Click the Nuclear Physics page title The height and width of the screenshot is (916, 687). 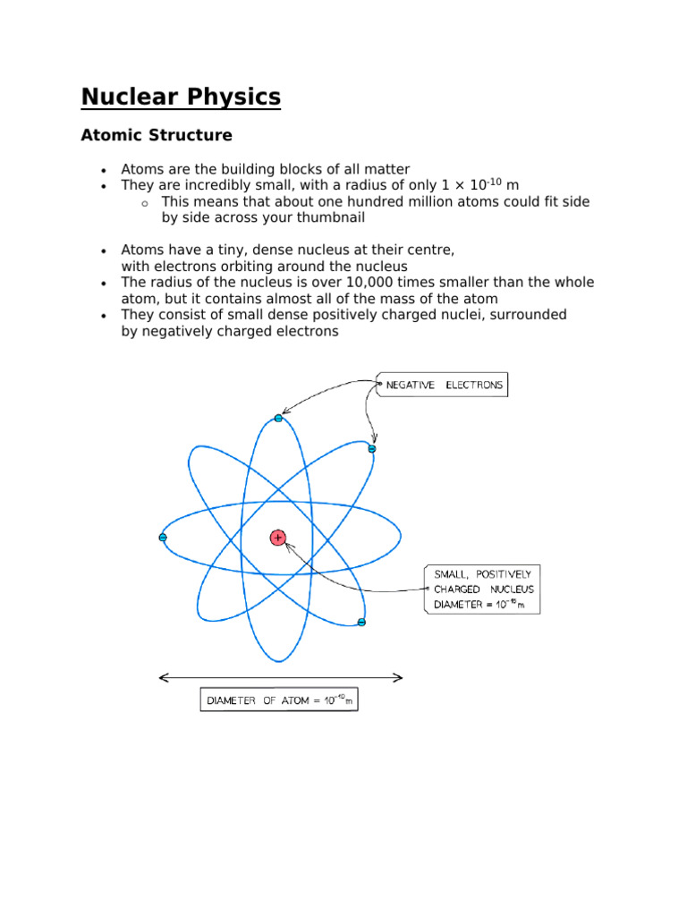(x=181, y=97)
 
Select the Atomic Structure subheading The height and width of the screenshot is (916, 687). (x=156, y=136)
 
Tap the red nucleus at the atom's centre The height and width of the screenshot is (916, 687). (x=278, y=538)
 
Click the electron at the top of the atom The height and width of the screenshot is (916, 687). (x=278, y=418)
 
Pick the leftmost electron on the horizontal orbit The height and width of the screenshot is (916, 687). (x=163, y=538)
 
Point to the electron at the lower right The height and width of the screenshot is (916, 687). (x=361, y=622)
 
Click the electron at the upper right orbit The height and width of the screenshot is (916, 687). (x=372, y=448)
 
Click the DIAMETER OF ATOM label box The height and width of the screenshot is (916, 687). (x=278, y=700)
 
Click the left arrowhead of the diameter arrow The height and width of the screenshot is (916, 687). (x=163, y=678)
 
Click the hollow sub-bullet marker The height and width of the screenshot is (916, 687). (x=145, y=204)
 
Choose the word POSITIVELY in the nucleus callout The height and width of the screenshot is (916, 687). (x=509, y=573)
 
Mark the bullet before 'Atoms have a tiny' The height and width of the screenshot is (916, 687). (x=105, y=251)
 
